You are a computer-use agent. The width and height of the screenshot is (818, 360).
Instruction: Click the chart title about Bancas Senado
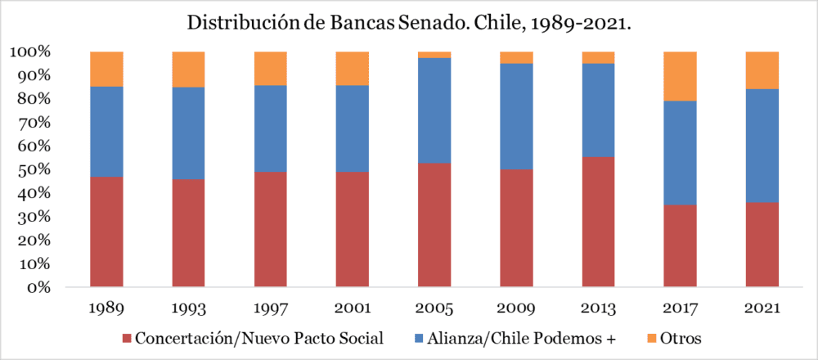click(x=409, y=22)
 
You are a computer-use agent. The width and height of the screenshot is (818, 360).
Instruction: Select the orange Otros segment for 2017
click(x=680, y=76)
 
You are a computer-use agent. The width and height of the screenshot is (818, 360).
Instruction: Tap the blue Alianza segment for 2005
click(x=434, y=110)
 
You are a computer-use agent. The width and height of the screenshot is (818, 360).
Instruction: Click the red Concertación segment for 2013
click(x=598, y=222)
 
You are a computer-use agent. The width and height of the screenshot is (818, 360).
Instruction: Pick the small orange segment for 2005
click(x=434, y=55)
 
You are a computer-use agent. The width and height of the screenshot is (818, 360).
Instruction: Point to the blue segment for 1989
click(x=106, y=132)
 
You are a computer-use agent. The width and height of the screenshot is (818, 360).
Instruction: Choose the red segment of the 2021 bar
click(x=762, y=245)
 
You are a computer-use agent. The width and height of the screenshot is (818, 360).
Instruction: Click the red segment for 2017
click(x=680, y=245)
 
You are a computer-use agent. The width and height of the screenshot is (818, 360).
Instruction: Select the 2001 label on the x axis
click(x=352, y=310)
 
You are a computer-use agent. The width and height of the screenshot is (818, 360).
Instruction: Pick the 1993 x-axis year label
click(x=188, y=310)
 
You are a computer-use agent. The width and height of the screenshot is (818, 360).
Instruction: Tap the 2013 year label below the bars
click(x=598, y=310)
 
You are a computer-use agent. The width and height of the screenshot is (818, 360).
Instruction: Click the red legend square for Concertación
click(x=126, y=338)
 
